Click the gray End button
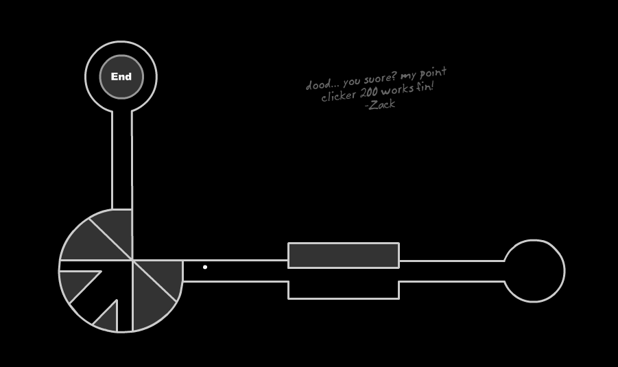[121, 77]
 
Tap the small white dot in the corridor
[205, 267]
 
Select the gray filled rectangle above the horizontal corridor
[343, 255]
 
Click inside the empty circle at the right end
[534, 271]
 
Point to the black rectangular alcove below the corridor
[343, 289]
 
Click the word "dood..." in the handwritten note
[319, 85]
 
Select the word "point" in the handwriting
[433, 73]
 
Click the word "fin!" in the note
[425, 87]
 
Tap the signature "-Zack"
[380, 105]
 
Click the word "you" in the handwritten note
[351, 82]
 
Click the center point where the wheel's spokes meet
[132, 260]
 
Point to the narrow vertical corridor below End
[122, 161]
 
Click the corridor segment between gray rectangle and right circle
[451, 271]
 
